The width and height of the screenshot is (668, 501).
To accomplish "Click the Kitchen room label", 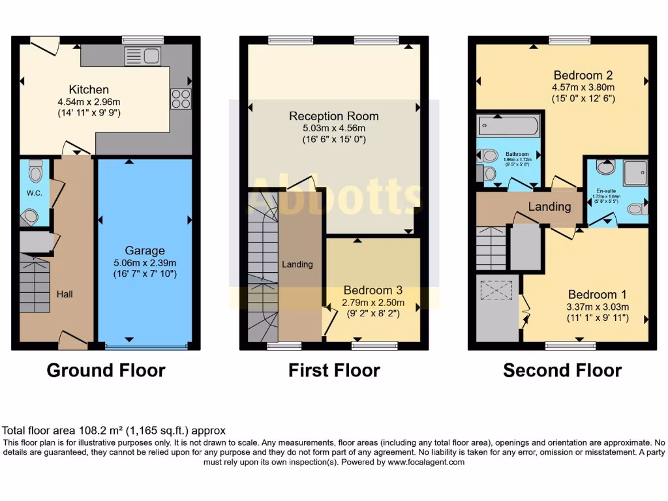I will [89, 89].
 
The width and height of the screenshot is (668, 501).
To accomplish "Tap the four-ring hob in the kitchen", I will [181, 99].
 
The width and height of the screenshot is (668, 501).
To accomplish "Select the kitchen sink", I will [142, 56].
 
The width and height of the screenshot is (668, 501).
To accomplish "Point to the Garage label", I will [145, 250].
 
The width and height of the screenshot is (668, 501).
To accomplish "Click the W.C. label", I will [34, 193].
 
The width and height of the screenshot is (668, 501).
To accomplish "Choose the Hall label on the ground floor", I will [65, 294].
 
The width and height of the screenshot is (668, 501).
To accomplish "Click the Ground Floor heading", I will [106, 371].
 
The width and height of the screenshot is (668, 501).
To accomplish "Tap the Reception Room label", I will [333, 116].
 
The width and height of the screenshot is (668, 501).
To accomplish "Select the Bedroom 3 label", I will [373, 290].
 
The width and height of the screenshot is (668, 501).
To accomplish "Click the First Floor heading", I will [334, 371].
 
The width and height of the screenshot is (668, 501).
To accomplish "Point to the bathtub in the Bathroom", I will [508, 125].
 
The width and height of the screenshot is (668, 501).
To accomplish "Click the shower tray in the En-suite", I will [634, 172].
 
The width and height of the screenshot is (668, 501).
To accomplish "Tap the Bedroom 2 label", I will [583, 74].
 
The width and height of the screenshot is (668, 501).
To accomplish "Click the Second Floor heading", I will [562, 371].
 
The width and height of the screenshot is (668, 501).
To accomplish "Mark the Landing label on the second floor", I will [549, 207].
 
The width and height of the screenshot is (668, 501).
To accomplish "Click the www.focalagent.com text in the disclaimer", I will [425, 462].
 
